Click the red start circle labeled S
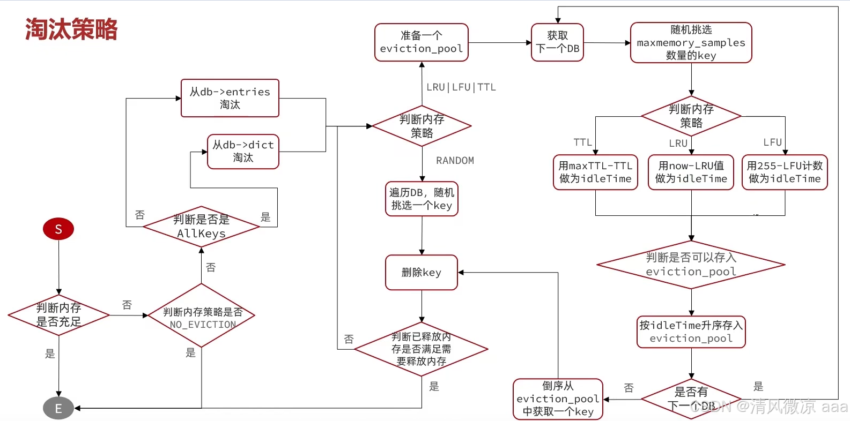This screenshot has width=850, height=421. click(58, 229)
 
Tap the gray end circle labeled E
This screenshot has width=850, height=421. click(58, 409)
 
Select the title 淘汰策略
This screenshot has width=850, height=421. click(71, 29)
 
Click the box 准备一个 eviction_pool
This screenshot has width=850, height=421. click(422, 42)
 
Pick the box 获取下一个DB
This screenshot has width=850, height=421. click(557, 42)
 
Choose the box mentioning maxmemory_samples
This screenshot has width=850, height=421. click(691, 43)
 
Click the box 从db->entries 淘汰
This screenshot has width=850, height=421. click(230, 98)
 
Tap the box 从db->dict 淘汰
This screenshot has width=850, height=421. click(243, 152)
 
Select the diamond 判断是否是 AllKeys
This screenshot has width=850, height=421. click(201, 227)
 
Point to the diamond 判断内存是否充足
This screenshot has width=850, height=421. click(59, 315)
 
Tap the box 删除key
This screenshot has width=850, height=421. click(422, 273)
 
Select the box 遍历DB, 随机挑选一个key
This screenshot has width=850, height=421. click(422, 199)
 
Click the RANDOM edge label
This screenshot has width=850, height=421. click(455, 161)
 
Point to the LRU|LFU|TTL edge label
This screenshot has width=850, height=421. click(461, 87)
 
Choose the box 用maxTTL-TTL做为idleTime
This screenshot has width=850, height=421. click(595, 172)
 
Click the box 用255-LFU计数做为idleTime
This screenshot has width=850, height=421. click(785, 172)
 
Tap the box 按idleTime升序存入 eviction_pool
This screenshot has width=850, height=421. click(691, 332)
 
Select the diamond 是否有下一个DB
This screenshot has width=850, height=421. click(691, 399)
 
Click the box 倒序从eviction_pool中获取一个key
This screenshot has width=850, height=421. click(558, 399)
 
